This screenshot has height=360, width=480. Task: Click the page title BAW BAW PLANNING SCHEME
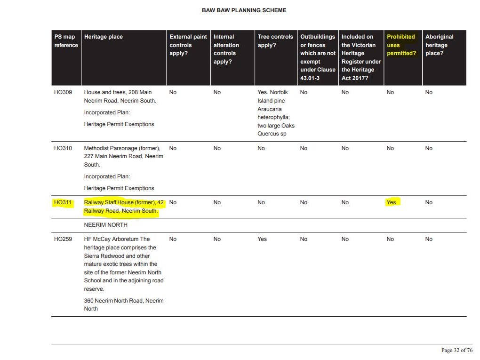[x=244, y=10]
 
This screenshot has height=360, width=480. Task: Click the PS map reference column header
[x=65, y=41]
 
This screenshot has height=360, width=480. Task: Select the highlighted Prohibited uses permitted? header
[x=401, y=45]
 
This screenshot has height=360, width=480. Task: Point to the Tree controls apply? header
[x=275, y=41]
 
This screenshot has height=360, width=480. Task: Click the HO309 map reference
[x=63, y=92]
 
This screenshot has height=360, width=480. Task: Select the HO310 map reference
[x=63, y=148]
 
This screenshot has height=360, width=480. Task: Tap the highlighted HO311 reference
[x=63, y=202]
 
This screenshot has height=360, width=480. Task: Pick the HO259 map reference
[x=63, y=239]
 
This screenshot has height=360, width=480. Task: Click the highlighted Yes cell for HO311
[x=391, y=202]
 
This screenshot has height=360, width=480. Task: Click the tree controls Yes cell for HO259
[x=262, y=239]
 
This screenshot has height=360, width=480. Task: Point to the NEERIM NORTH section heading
[x=105, y=225]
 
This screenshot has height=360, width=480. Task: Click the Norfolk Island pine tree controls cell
[x=276, y=113]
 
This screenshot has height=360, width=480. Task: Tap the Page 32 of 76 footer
[x=456, y=350]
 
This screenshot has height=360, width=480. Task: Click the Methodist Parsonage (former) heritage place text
[x=122, y=148]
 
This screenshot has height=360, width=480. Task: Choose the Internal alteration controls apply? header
[x=226, y=49]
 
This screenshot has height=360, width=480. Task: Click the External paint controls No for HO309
[x=173, y=92]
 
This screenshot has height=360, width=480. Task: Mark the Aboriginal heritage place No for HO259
[x=429, y=239]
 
